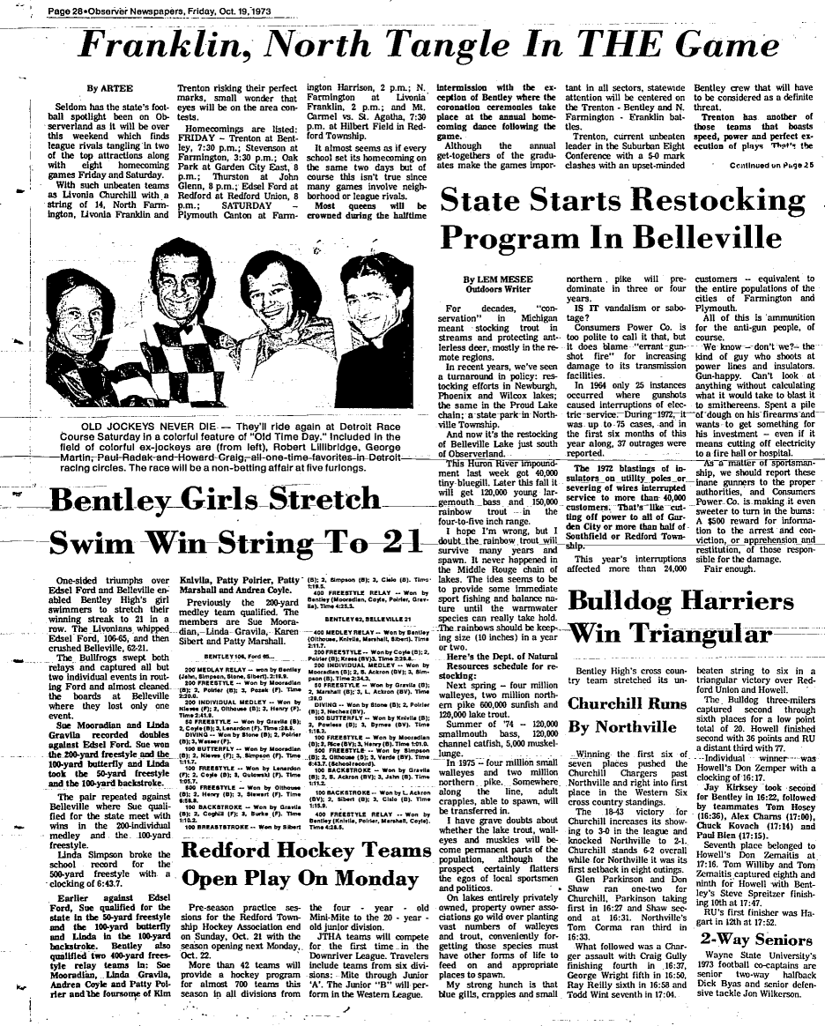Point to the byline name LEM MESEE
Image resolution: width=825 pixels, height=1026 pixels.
pyautogui.click(x=509, y=279)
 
